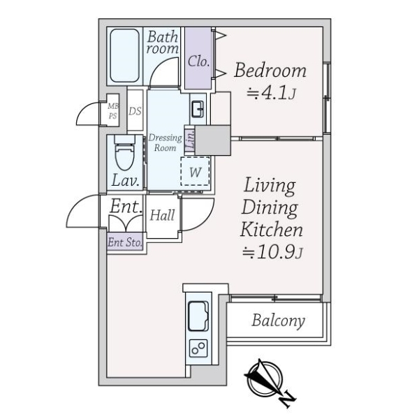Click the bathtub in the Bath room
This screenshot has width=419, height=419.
point(125,56)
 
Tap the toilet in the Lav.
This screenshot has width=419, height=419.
point(124,153)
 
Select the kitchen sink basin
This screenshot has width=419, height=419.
point(198,316)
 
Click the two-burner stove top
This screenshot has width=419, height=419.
point(198,348)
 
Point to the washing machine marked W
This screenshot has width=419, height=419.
point(195,171)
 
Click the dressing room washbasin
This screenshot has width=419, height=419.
point(198,109)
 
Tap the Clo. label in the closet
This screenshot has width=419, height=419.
point(198,61)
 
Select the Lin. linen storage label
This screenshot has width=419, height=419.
point(190,140)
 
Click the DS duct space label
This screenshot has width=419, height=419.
point(135,111)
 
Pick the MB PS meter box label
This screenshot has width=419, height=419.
point(112,111)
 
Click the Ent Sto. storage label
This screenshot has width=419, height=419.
point(125,242)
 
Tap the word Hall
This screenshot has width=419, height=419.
point(162,215)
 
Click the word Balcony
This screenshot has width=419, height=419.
point(278,321)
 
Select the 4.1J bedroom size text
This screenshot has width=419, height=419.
point(271,94)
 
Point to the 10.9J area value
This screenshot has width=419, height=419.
point(272,253)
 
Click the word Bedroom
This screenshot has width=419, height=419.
point(270,71)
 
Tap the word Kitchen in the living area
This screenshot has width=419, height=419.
point(272,230)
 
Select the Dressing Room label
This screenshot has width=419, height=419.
point(165,142)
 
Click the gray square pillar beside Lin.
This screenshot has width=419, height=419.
point(213,140)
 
